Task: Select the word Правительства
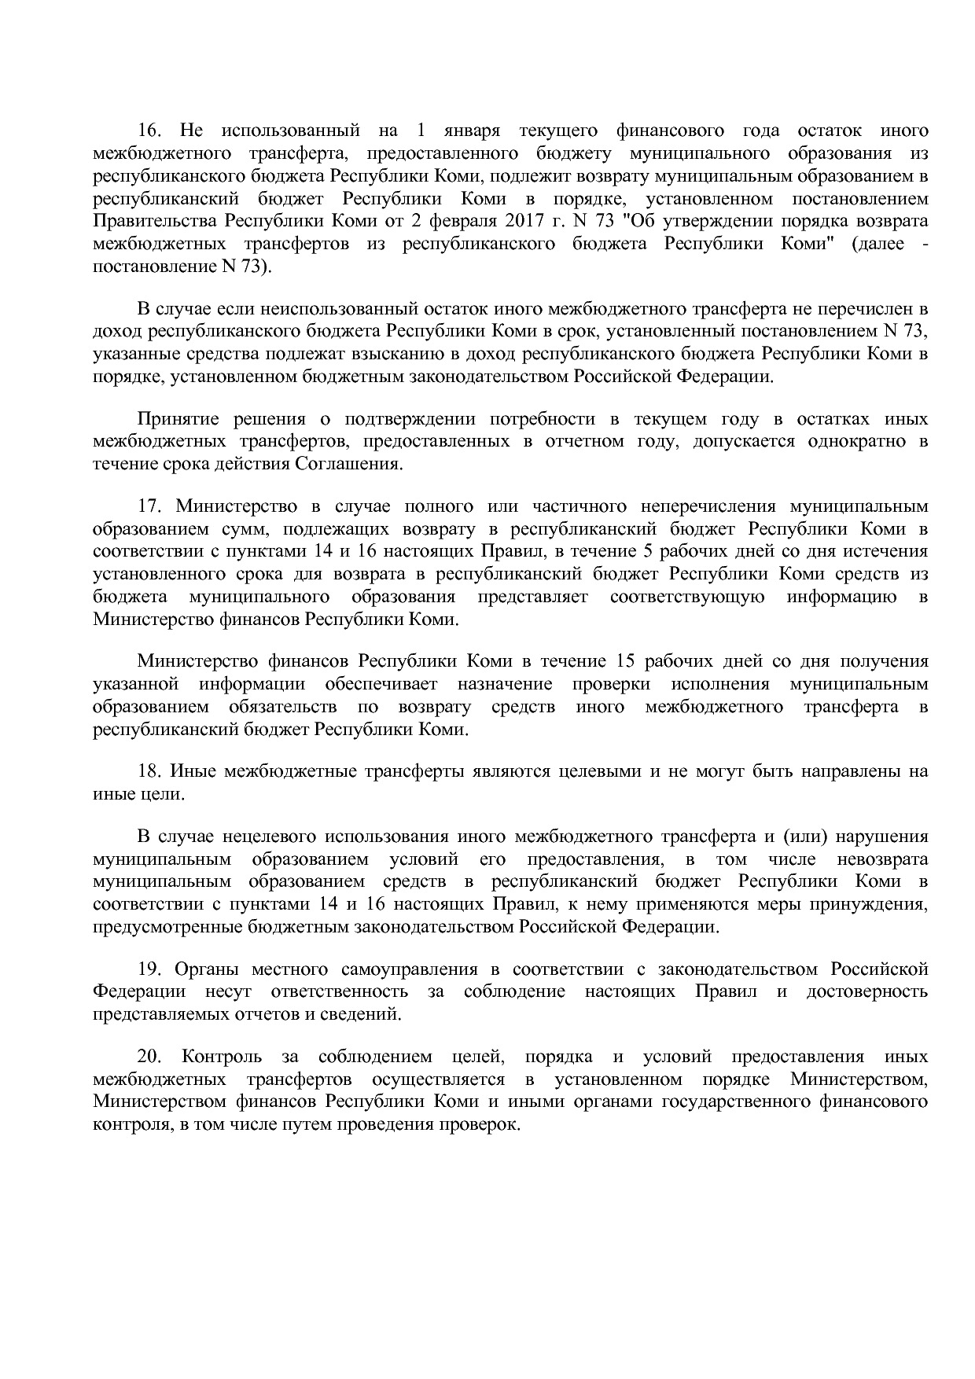153,221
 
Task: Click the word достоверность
866,991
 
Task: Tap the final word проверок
480,1125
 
